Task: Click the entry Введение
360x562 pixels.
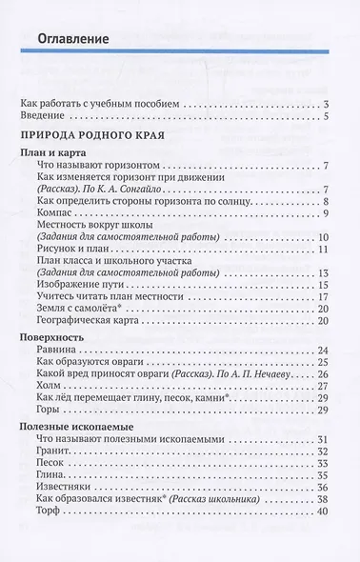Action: (47, 117)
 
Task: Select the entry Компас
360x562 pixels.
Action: (51, 215)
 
